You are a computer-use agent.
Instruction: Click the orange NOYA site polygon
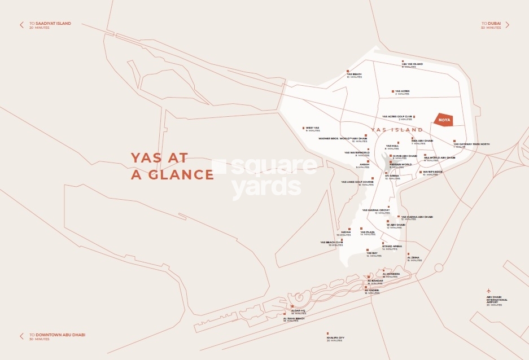point(444,120)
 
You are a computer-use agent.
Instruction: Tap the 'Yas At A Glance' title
point(172,166)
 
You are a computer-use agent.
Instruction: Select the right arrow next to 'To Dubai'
point(507,25)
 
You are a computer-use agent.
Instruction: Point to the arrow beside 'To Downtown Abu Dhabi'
point(22,336)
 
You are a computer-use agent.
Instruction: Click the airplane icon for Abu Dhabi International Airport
point(489,291)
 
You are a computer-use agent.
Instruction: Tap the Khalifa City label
point(335,338)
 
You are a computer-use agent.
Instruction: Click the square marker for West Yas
point(304,128)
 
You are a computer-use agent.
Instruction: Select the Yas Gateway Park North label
point(471,144)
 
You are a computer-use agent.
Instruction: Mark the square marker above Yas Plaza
point(361,229)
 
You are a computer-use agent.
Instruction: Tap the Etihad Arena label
point(392,247)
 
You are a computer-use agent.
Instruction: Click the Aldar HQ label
point(298,311)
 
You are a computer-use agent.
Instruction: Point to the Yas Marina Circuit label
point(376,210)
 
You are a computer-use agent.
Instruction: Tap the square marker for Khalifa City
point(327,333)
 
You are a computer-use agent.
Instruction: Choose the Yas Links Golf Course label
point(357,182)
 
